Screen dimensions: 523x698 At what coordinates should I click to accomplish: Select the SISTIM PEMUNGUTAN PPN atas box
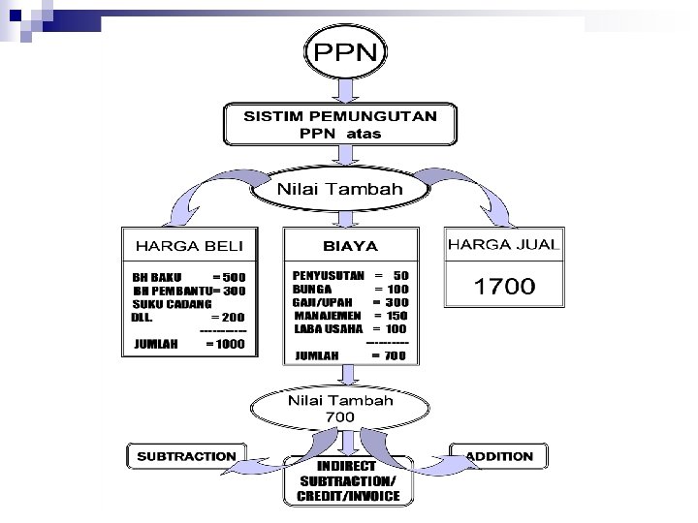pos(339,124)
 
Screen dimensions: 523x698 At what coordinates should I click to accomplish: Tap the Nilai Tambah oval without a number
pos(339,190)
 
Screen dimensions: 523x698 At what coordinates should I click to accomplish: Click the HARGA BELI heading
pos(189,245)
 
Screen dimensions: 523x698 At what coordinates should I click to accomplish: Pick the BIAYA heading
pos(350,246)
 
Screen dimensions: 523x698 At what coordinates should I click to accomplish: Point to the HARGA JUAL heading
pos(503,245)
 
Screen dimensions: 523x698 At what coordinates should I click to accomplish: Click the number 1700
pos(503,286)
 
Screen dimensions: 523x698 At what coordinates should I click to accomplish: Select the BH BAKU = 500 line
pos(189,277)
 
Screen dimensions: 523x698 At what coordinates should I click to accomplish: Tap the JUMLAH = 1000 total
pos(189,344)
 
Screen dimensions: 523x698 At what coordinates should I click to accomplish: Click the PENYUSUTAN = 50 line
pos(350,275)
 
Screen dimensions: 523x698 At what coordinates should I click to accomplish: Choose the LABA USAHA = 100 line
pos(350,329)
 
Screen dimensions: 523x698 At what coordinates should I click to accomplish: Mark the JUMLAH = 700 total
pos(350,355)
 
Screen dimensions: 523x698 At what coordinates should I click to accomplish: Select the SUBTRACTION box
pos(186,456)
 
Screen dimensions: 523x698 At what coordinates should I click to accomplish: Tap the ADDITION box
pos(499,456)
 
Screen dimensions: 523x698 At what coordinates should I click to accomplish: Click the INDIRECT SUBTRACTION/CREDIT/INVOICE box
pos(348,481)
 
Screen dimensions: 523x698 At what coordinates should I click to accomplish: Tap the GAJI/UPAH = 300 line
pos(350,302)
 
